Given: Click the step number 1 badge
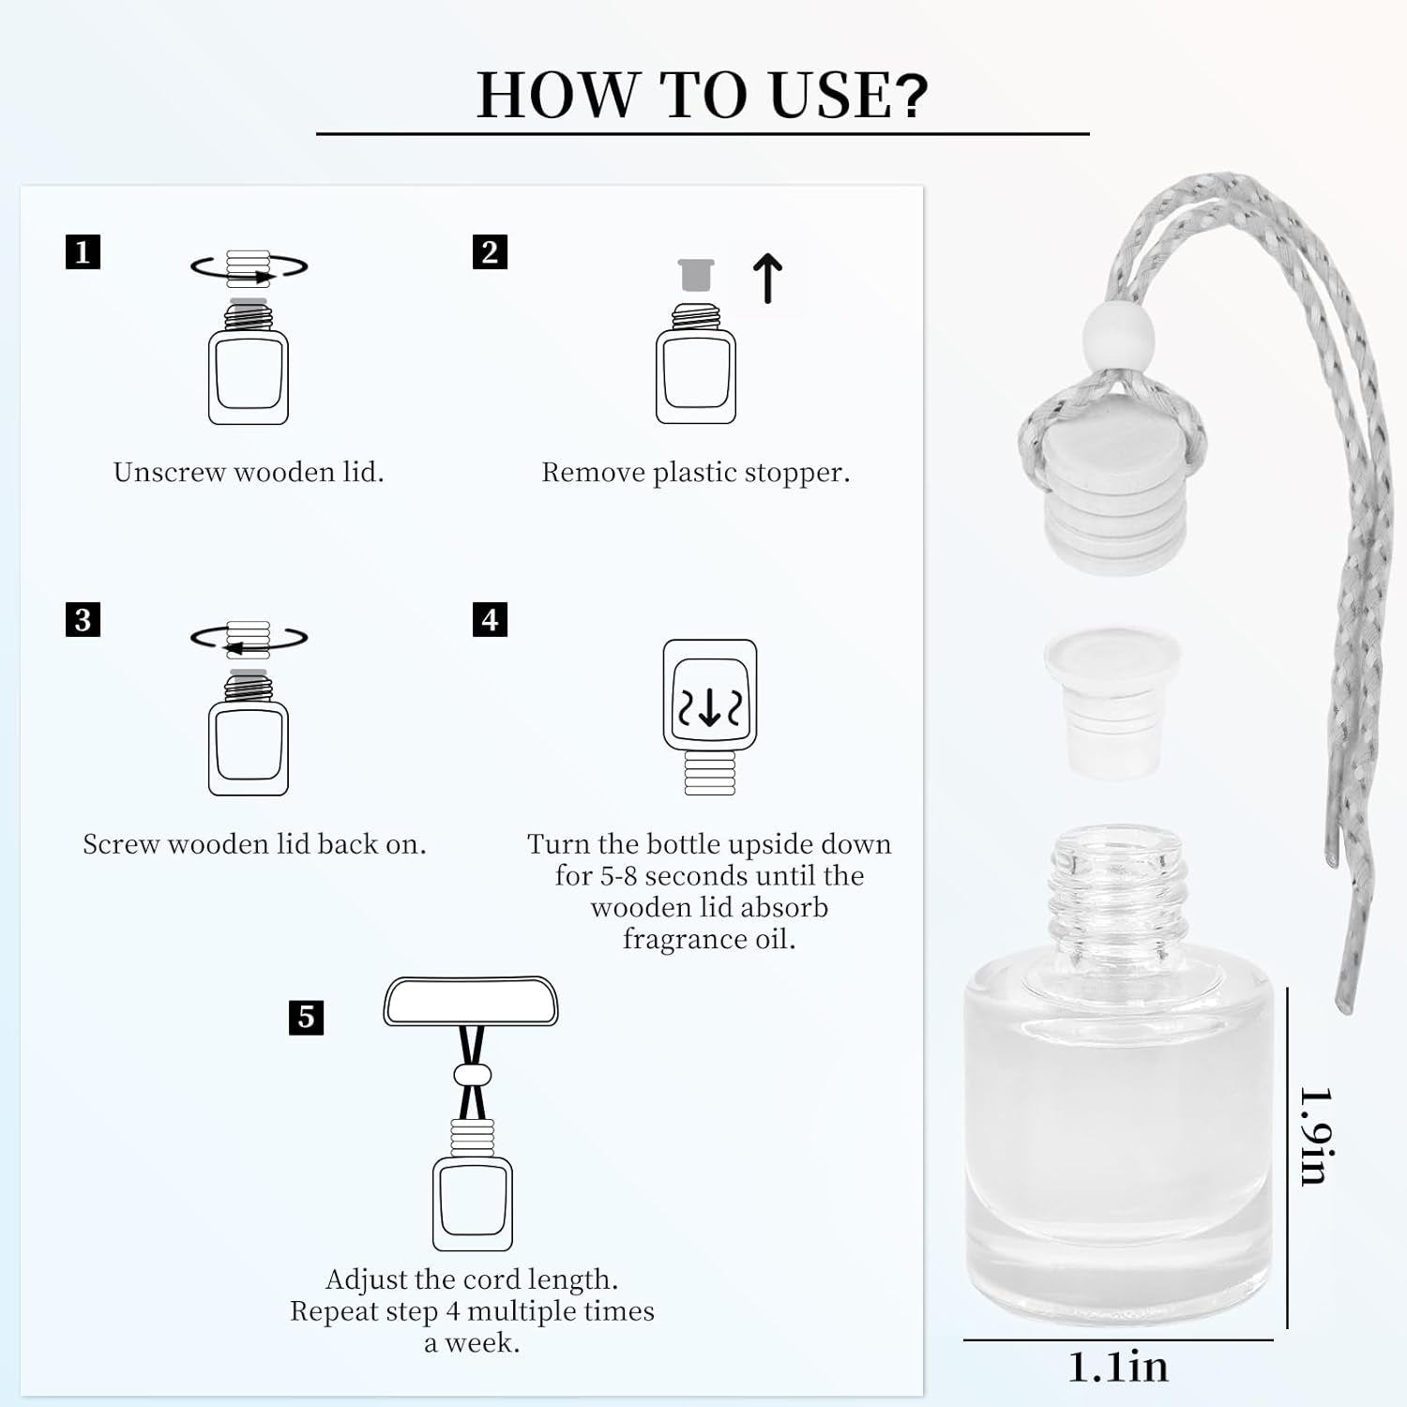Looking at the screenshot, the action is tap(83, 251).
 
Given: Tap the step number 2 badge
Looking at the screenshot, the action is tap(490, 251).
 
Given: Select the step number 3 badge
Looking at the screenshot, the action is tap(83, 619).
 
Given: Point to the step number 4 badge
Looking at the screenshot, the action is tap(490, 619).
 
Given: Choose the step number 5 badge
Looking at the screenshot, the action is tap(306, 1017).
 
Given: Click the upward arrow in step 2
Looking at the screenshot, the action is tap(767, 279).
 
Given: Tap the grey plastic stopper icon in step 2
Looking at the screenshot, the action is tap(696, 275).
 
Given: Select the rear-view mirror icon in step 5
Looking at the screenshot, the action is tap(471, 1001).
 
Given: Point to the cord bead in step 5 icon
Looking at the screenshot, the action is tap(472, 1075).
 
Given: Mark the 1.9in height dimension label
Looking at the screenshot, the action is tap(1318, 1136).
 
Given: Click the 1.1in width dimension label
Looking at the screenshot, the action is tap(1118, 1368).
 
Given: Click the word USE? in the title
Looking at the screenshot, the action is tap(848, 95).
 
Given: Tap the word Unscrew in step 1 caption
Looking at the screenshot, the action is tap(169, 472).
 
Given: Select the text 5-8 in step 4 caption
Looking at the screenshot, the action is tap(619, 876).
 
